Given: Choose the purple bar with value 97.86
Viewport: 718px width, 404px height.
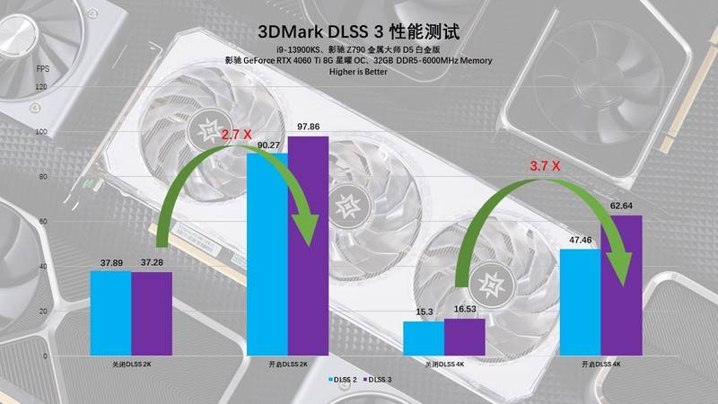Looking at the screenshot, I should point(308,245).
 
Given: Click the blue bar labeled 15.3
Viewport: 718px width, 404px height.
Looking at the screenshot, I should point(424,337).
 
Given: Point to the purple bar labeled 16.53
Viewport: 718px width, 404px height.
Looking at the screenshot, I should point(464,336).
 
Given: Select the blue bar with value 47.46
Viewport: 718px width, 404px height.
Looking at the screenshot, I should point(580,301).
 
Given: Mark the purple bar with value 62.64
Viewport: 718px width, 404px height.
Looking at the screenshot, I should point(621,284).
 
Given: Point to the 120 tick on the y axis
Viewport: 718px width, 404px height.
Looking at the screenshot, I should point(40,87).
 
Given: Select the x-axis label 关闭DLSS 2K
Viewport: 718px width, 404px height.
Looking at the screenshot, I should point(131,364).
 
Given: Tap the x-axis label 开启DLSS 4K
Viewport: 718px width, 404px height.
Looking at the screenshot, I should point(600,364).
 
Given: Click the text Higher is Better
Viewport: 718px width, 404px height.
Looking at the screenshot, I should point(358,72).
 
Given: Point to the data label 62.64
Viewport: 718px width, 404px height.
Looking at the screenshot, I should point(622,206).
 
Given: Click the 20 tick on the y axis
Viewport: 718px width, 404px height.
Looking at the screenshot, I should point(42,311).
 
